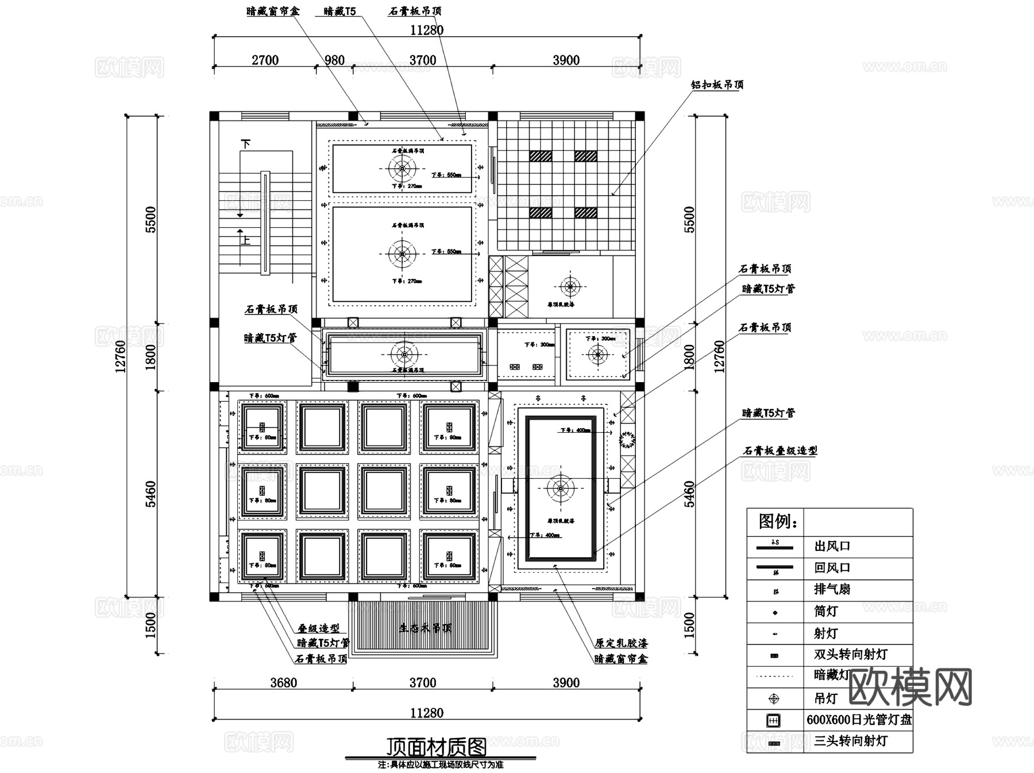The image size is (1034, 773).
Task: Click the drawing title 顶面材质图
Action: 436,747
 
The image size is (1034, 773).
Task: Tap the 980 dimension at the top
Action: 334,60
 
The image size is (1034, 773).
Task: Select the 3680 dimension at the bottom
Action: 284,682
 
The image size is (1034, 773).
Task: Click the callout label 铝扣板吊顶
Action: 717,85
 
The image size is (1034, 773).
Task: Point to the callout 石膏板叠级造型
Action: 780,451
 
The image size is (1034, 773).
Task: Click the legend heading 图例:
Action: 778,522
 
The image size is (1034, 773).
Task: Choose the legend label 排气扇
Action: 832,589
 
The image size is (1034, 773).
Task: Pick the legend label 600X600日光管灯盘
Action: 859,720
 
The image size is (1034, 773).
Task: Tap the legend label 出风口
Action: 832,546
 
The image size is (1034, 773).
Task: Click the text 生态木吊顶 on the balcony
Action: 425,628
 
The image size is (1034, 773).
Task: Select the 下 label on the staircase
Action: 246,144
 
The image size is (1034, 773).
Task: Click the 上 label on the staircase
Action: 246,239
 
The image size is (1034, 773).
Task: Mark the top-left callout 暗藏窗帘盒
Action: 273,11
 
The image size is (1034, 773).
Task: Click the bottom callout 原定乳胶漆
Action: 621,643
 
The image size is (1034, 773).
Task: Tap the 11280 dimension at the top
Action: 427,30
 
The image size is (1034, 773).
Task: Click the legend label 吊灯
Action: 825,698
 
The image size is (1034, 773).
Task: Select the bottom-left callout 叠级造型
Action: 318,628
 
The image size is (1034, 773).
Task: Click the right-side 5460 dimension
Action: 689,494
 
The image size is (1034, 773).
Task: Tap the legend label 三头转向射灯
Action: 850,741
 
